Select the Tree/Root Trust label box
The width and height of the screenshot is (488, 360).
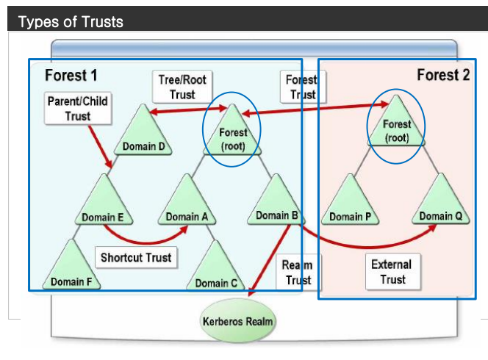coord(182,87)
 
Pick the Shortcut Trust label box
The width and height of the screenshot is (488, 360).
coord(136,257)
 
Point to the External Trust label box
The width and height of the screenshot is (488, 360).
coord(392,271)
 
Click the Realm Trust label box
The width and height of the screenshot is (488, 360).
coord(298,272)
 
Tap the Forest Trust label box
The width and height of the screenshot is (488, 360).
coord(301,87)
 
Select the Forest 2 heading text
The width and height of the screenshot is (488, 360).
coord(442,75)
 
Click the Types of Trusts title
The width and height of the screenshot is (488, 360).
coord(71,21)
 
